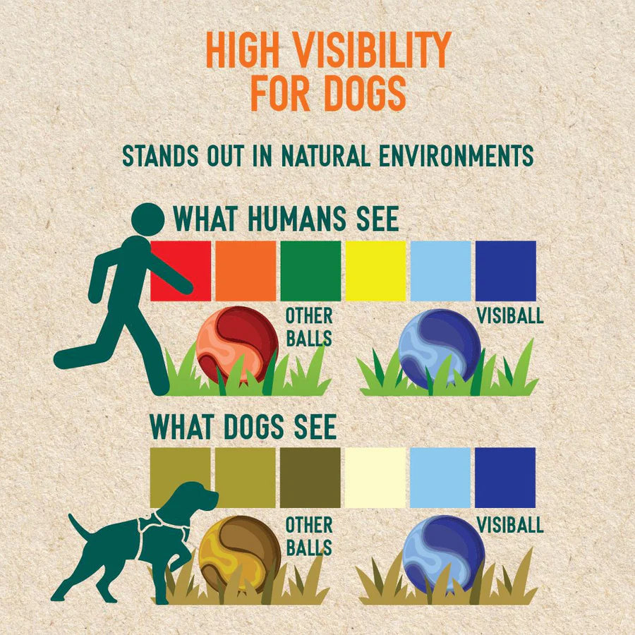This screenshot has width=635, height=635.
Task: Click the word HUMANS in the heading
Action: pyautogui.click(x=297, y=219)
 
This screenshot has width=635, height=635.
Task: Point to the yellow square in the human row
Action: pyautogui.click(x=375, y=271)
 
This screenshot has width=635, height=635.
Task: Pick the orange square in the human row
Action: pyautogui.click(x=246, y=271)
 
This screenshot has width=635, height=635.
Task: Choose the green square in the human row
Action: pyautogui.click(x=310, y=271)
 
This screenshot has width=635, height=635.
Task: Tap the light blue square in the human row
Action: pyautogui.click(x=440, y=271)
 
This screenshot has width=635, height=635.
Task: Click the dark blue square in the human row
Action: pyautogui.click(x=505, y=271)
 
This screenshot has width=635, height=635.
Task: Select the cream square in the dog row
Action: pyautogui.click(x=375, y=478)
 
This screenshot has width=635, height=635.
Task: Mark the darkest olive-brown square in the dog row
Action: pyautogui.click(x=310, y=478)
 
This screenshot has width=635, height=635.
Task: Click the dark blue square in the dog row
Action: pyautogui.click(x=505, y=478)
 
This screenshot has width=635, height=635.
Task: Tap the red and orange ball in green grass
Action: pyautogui.click(x=237, y=345)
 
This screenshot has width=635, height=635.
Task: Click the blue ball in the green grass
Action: pyautogui.click(x=440, y=349)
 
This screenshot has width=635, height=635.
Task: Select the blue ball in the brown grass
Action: pyautogui.click(x=444, y=555)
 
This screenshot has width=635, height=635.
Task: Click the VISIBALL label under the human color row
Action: pyautogui.click(x=510, y=316)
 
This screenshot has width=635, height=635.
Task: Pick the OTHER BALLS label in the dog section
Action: pyautogui.click(x=309, y=536)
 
